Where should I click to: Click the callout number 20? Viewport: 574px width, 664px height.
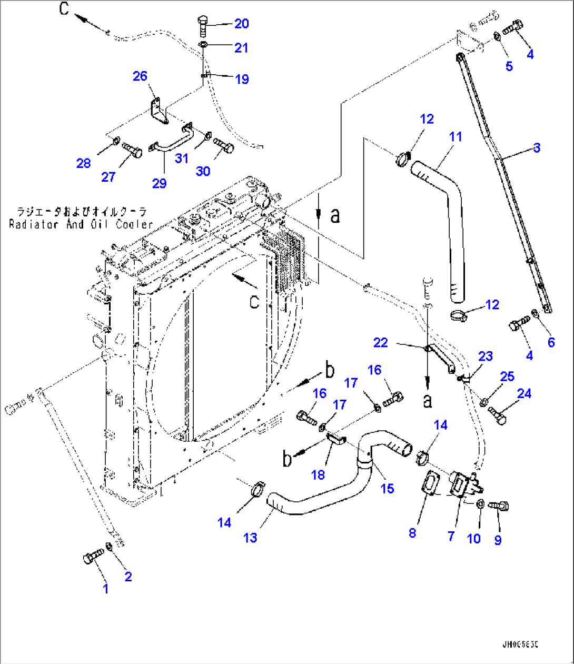pos(241,23)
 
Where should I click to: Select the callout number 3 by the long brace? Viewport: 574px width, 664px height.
pos(536,148)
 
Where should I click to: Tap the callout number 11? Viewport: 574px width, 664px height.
pos(456,137)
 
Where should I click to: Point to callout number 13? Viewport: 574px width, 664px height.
pos(250,537)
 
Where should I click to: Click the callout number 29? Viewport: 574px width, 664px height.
pos(159,183)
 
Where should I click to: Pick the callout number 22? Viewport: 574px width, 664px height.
pos(380,342)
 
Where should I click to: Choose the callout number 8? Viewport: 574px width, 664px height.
pos(412,533)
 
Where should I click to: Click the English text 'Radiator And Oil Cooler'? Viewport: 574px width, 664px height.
pos(81,224)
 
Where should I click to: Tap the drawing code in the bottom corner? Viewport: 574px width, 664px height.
pos(523,644)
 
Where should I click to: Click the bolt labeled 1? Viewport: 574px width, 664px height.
pos(93,557)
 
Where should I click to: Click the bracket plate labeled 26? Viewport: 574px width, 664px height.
pos(157,109)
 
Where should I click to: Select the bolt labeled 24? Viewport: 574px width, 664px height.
pos(498,414)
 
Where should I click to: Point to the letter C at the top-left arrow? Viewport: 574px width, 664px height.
pos(64,8)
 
